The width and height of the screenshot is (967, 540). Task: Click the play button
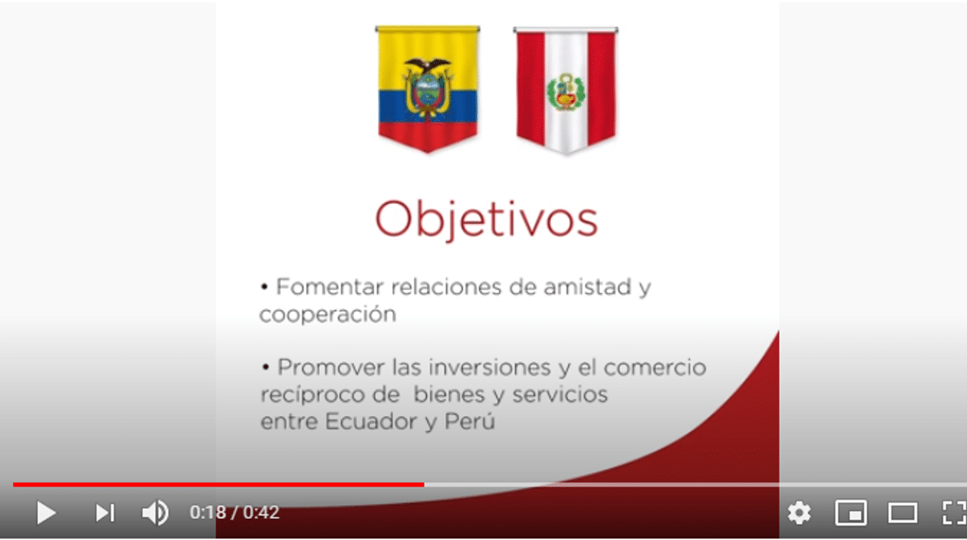coord(46,513)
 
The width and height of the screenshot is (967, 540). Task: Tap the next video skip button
coord(106,513)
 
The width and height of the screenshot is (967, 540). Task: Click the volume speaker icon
coord(156,513)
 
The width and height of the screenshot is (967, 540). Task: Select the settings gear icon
coord(799,513)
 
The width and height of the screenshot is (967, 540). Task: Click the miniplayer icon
coord(851,513)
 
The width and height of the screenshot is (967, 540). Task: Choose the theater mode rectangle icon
coord(903,513)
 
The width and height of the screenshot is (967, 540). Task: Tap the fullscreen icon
coord(954,513)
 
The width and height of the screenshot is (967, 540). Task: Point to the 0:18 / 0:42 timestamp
coord(234,513)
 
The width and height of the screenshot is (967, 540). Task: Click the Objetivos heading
coord(487,219)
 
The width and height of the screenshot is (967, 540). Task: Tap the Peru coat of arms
coord(566,92)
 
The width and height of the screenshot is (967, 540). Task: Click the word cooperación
coord(328,314)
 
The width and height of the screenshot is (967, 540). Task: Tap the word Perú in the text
coord(470,422)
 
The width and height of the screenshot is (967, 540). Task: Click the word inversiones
coord(490,368)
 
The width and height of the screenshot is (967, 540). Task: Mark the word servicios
coord(560,395)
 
